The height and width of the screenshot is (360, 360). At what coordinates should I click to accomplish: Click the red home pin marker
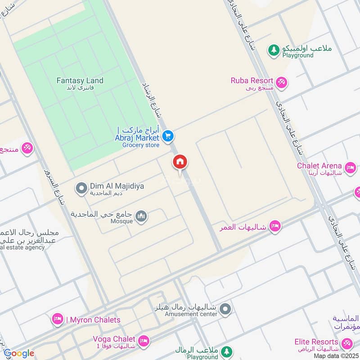pyautogui.click(x=180, y=163)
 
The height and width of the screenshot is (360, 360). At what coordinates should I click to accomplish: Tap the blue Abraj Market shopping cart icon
pyautogui.click(x=168, y=135)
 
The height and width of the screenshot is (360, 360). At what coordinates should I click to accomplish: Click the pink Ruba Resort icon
pyautogui.click(x=282, y=82)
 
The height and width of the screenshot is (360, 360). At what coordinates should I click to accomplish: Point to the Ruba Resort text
pyautogui.click(x=252, y=81)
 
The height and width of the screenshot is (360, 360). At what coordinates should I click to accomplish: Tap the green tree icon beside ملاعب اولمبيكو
pyautogui.click(x=274, y=50)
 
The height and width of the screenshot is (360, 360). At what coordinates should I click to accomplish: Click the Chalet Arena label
pyautogui.click(x=319, y=166)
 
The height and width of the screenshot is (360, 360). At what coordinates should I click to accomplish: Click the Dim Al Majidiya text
pyautogui.click(x=117, y=186)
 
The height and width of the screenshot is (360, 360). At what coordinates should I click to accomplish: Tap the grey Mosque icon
pyautogui.click(x=142, y=217)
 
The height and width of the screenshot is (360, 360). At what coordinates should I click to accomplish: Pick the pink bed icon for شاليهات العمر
pyautogui.click(x=275, y=226)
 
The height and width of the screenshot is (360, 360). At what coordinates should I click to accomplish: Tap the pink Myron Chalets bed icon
pyautogui.click(x=57, y=319)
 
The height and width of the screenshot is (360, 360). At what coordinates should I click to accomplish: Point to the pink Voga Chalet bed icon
pyautogui.click(x=144, y=341)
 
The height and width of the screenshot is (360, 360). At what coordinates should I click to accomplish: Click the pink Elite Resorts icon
pyautogui.click(x=347, y=344)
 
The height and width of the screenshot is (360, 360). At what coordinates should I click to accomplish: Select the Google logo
pyautogui.click(x=19, y=353)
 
